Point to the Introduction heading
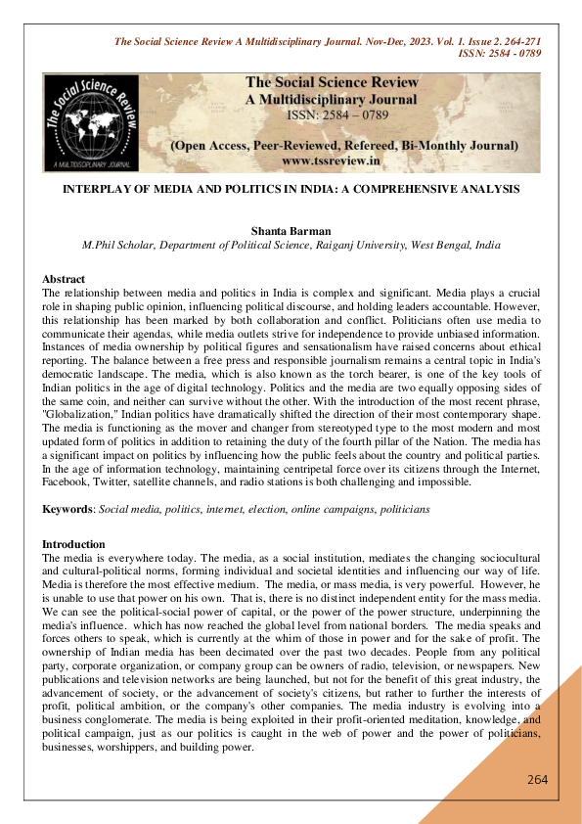pyautogui.click(x=73, y=543)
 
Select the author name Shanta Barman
pyautogui.click(x=291, y=231)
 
